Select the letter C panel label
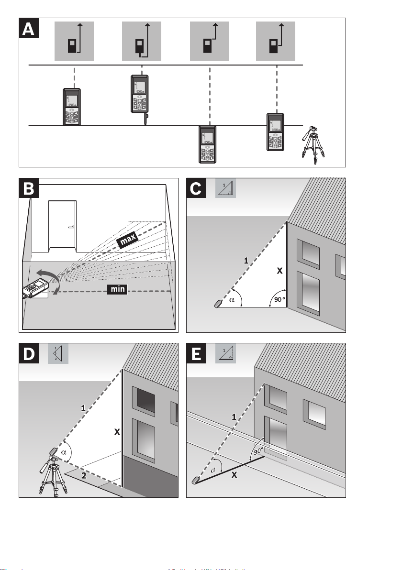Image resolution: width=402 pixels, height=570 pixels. point(196,189)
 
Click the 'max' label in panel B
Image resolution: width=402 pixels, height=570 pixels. point(127,241)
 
